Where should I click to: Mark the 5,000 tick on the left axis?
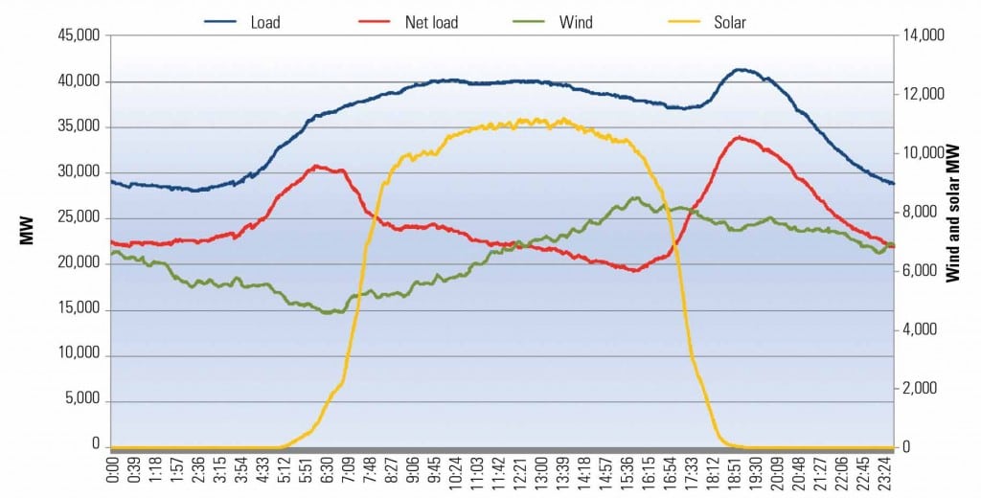click(x=81, y=399)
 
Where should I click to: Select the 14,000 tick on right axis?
click(x=924, y=35)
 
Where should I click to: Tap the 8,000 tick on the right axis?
click(x=921, y=213)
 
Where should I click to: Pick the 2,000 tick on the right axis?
click(x=921, y=389)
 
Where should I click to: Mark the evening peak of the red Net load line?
click(x=738, y=137)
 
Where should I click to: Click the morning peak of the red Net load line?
click(x=317, y=167)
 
